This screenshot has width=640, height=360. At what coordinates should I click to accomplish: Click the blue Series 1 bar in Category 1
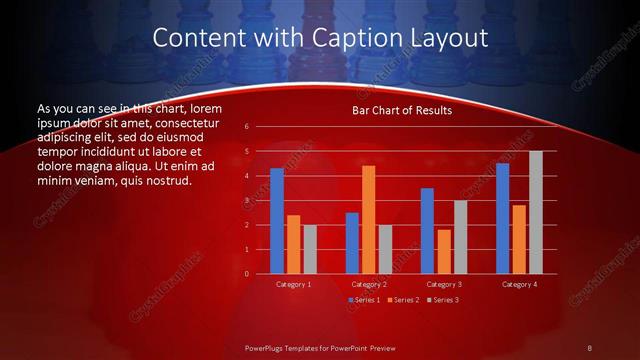pos(277,221)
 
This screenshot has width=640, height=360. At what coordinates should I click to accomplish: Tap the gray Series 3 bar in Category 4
pos(536,212)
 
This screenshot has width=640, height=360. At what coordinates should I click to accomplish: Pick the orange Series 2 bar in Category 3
pos(443,252)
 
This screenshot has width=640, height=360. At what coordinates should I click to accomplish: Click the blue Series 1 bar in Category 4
pos(502,219)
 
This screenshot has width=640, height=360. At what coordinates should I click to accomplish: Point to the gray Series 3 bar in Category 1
pos(310,249)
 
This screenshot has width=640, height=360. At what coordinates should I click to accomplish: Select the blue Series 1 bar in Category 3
pos(427,231)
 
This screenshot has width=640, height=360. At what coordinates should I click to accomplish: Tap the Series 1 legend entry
pos(364,299)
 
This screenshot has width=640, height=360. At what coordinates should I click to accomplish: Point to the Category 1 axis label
pos(293,285)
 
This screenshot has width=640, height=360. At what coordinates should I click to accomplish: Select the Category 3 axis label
pos(443,285)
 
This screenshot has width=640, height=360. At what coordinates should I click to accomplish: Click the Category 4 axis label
pos(518,285)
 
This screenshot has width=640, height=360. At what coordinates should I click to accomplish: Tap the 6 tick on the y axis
pos(247,127)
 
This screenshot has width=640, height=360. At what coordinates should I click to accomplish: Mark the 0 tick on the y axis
pos(247,274)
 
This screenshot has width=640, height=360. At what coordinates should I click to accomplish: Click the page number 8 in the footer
pos(590,347)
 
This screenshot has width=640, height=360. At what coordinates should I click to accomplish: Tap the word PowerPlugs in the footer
pos(270,347)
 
